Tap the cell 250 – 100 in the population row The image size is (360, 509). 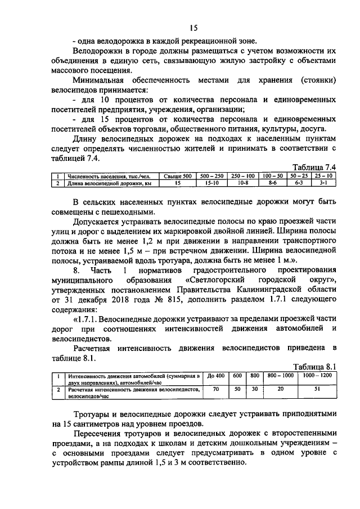point(242,176)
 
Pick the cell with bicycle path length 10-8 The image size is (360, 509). point(242,183)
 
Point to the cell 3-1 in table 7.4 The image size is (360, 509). point(323,183)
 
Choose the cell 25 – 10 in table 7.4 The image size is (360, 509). point(323,176)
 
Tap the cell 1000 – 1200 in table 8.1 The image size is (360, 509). point(317,376)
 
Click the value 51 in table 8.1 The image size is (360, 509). point(317,389)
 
